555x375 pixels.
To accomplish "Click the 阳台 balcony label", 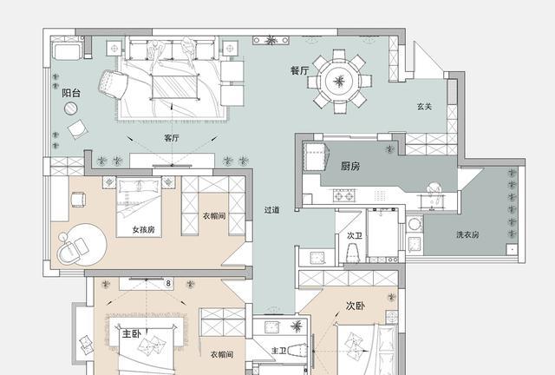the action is [x=71, y=93].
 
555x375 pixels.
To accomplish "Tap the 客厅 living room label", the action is [x=172, y=138].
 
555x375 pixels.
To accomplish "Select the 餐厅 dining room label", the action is [x=299, y=70].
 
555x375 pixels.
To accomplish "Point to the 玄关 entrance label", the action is [x=424, y=106].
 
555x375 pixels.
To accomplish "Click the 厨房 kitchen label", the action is [x=350, y=166].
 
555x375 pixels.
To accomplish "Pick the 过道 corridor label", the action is [x=271, y=210].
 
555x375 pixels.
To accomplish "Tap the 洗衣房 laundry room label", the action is [x=467, y=234].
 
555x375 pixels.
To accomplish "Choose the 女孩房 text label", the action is [x=144, y=230].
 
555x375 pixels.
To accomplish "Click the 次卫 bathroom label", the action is [x=355, y=236].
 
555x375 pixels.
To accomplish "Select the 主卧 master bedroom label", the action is [x=131, y=333].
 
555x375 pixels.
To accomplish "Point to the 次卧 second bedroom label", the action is [x=356, y=306].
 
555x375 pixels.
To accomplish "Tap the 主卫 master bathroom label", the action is [x=279, y=351].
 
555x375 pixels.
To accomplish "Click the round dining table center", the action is [x=339, y=82].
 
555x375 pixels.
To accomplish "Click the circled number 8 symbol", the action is [x=168, y=283].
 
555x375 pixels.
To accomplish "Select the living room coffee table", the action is [x=174, y=87].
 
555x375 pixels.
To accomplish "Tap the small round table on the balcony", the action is [x=71, y=109].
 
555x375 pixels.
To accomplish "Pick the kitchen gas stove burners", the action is [x=343, y=195].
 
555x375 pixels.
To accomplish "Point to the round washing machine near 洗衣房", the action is [x=414, y=224].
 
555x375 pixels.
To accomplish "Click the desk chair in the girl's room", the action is [x=78, y=200].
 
